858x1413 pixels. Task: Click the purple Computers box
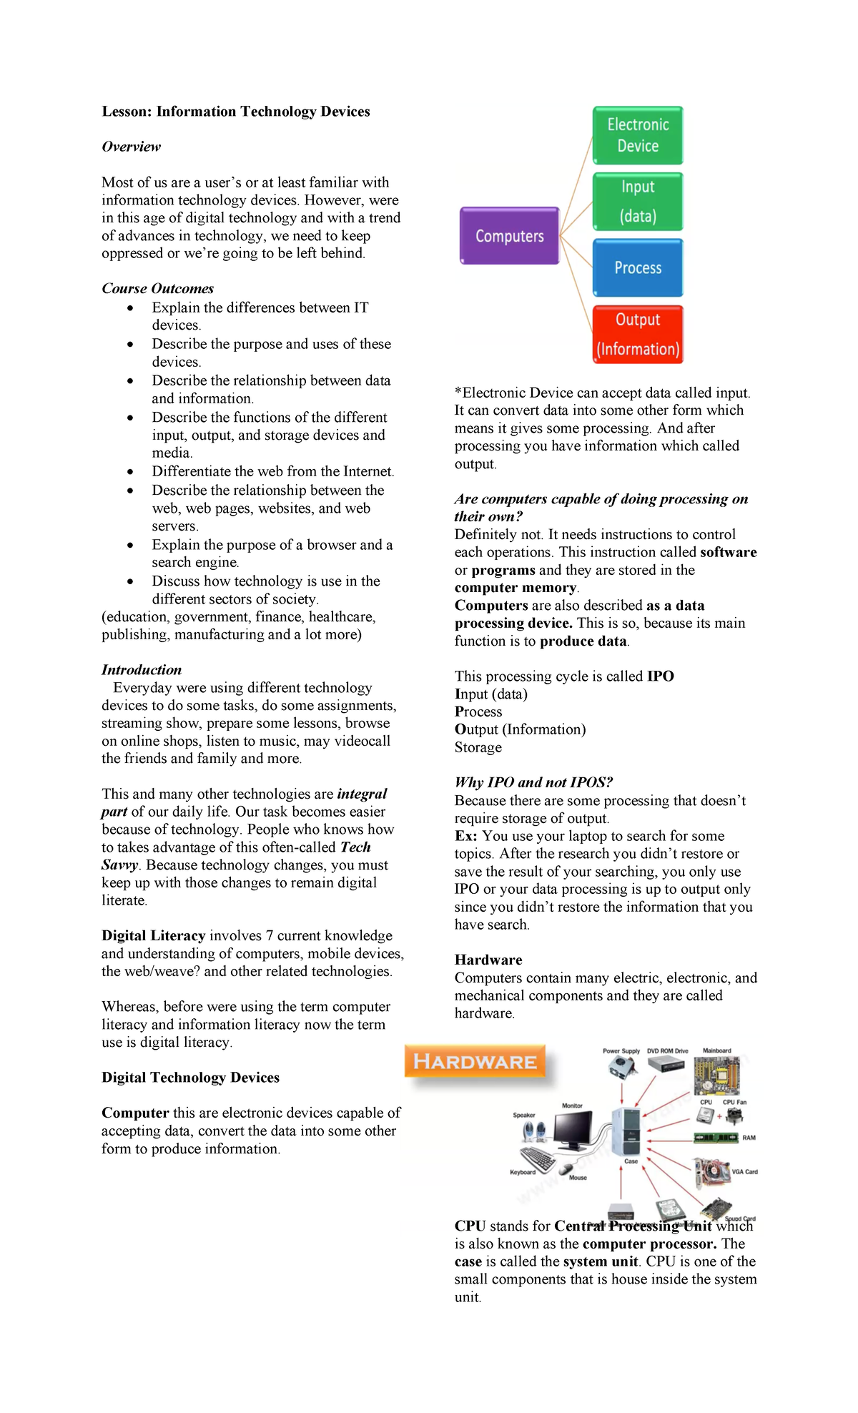pos(509,236)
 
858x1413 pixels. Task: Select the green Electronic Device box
pos(638,135)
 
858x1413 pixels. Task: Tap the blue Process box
pos(638,267)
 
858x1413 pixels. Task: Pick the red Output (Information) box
pos(638,335)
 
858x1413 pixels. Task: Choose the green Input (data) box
pos(638,202)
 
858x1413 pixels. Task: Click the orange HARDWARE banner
pos(475,1062)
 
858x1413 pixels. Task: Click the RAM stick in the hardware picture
pos(716,1138)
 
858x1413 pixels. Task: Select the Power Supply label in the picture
pos(621,1051)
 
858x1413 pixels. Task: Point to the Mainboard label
pos(716,1051)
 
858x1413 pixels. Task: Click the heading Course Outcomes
pos(157,288)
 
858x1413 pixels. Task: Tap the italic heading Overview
pos(131,147)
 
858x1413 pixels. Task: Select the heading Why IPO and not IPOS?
pos(533,782)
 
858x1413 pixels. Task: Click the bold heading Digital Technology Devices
pos(190,1078)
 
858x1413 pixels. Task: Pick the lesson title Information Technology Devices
pos(236,112)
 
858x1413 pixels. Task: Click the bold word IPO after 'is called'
pos(660,676)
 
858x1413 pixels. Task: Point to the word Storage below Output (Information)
pos(478,747)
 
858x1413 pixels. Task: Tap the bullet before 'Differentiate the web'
pos(130,472)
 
